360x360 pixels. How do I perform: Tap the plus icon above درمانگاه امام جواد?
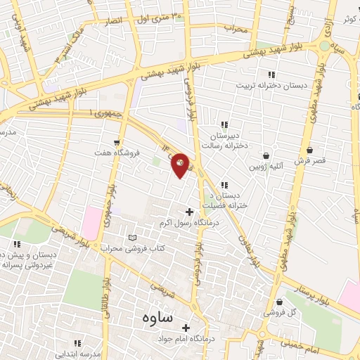coord(186,328)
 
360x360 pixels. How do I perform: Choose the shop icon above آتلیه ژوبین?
coord(266,155)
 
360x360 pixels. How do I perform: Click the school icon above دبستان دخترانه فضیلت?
coord(224,184)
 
